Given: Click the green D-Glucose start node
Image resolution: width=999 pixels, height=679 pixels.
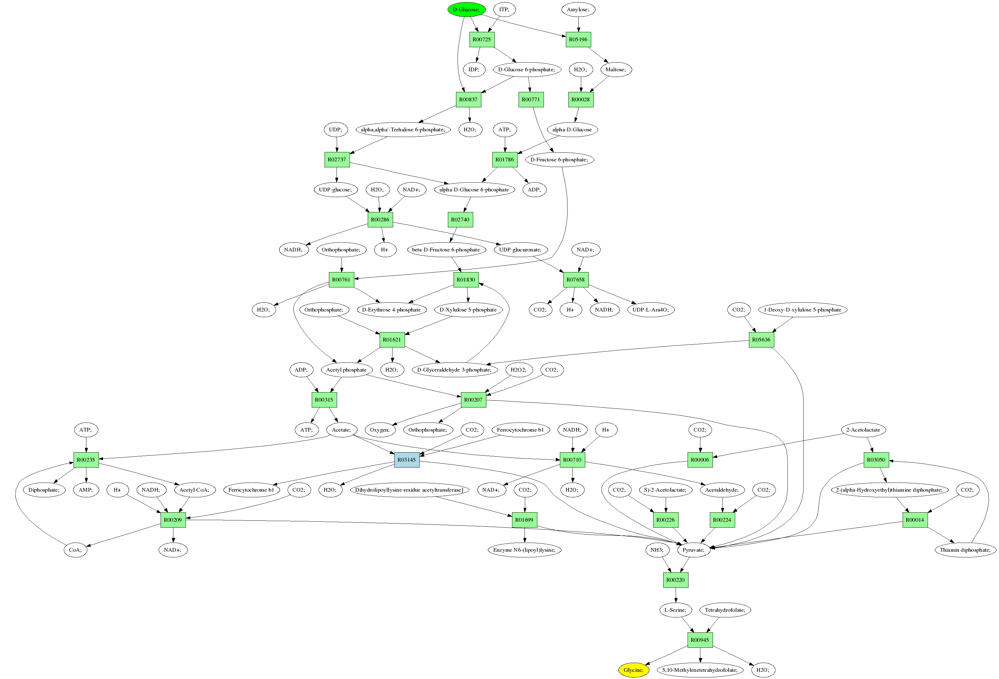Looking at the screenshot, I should coord(466,9).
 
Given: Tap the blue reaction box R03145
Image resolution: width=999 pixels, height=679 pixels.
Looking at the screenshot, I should coord(407,459).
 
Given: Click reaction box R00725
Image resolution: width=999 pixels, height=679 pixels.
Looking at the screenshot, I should coord(481,39).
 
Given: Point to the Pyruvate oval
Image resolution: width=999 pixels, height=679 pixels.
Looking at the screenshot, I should coord(693,550).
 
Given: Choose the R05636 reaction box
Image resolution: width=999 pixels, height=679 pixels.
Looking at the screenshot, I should coord(761,340).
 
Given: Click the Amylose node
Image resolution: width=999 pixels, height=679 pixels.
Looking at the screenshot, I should coord(578,9).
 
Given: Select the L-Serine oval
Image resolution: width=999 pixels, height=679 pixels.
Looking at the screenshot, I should coord(675,610).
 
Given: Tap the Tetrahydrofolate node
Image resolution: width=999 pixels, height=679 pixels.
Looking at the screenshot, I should coord(725,610).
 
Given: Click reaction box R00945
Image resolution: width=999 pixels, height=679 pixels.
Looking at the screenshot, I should coord(700,640).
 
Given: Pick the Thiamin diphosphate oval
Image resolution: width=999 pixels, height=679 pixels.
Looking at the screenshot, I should coord(965,550).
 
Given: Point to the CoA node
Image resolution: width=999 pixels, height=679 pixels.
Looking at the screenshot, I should coord(75,550).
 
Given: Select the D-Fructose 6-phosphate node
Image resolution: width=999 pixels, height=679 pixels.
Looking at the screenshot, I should coord(559,160).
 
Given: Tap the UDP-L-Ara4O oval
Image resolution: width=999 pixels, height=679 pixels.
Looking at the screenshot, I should coord(650,310).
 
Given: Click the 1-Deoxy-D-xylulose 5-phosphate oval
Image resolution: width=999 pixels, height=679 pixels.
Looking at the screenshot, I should coord(802,310).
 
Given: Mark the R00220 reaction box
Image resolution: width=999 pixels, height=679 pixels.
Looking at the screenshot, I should coord(675,580).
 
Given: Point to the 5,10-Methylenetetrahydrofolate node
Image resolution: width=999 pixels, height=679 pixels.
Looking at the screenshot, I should coord(700,670).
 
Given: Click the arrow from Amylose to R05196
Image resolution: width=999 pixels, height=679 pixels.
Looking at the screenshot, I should coord(578,24).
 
